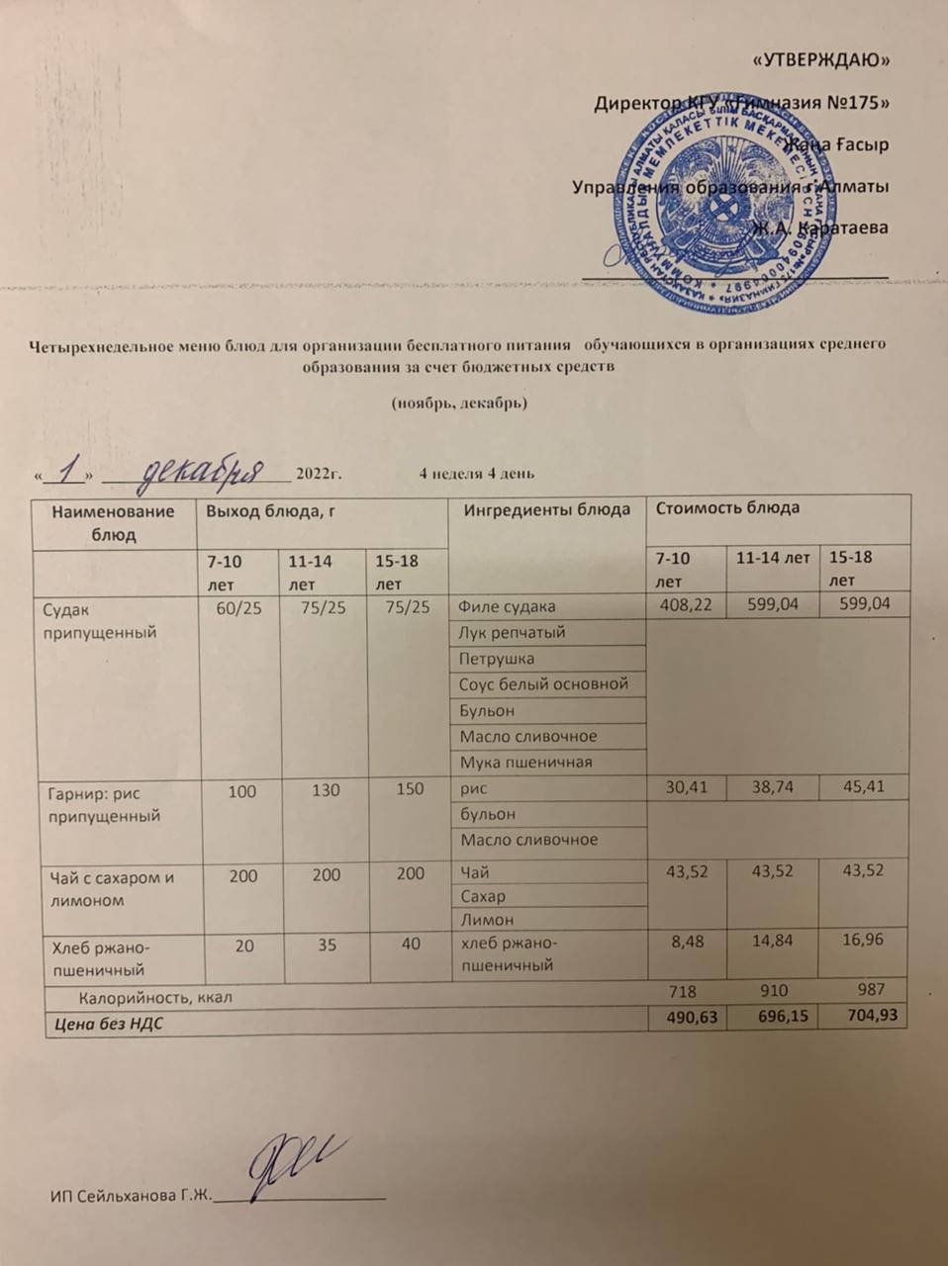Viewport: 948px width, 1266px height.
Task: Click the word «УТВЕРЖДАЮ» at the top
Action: pyautogui.click(x=821, y=60)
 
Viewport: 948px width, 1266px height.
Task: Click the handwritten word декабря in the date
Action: pyautogui.click(x=203, y=473)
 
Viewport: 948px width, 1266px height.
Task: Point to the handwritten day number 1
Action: pyautogui.click(x=68, y=472)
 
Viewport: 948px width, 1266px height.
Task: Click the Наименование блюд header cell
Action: pyautogui.click(x=113, y=522)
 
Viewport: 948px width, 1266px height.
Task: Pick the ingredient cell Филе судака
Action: pyautogui.click(x=508, y=606)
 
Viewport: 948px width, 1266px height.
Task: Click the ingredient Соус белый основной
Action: pyautogui.click(x=543, y=683)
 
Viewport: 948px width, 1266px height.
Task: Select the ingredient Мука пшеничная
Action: pyautogui.click(x=525, y=762)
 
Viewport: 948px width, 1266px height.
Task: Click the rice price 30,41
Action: pyautogui.click(x=685, y=787)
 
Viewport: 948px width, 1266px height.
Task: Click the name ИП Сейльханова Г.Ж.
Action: pyautogui.click(x=132, y=1197)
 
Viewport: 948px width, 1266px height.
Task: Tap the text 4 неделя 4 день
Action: pyautogui.click(x=477, y=474)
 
